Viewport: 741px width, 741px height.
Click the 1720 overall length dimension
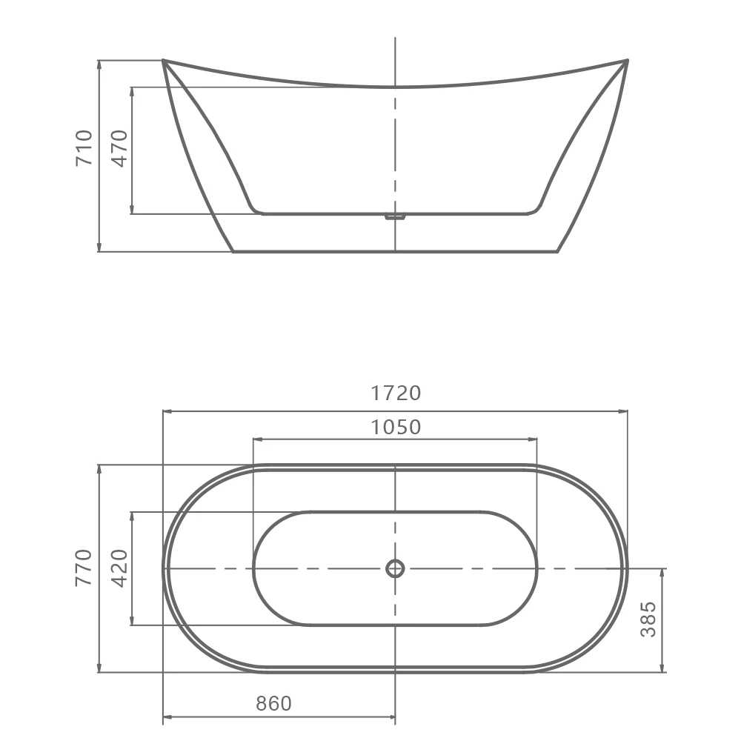(396, 393)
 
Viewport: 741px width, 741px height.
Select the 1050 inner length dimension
(396, 427)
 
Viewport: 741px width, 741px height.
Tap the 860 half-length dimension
(274, 703)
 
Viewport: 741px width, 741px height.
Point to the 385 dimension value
(648, 619)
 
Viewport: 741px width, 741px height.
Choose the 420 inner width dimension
(120, 568)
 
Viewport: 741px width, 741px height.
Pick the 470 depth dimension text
(120, 147)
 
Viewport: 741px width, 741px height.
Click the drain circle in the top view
(395, 568)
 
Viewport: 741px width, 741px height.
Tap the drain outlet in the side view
(395, 217)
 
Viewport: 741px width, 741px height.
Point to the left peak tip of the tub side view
(163, 61)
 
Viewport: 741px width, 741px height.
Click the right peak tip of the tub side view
(627, 61)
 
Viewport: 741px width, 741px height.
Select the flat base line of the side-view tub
(395, 251)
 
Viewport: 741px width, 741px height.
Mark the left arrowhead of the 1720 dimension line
(165, 411)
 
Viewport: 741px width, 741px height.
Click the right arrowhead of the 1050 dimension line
(534, 439)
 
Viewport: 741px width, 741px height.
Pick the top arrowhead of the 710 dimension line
(99, 63)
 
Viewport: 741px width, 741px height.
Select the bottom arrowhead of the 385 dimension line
(661, 670)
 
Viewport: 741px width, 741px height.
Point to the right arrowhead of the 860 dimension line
(393, 717)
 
